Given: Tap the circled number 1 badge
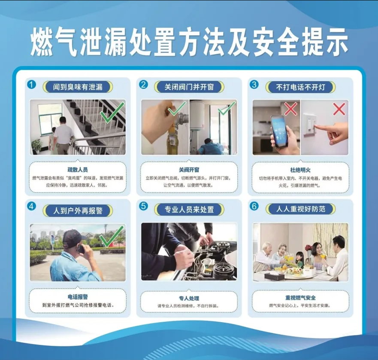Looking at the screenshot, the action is (x=31, y=85).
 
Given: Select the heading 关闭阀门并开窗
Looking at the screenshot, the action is (x=189, y=87).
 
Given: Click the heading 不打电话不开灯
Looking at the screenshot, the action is (x=300, y=87).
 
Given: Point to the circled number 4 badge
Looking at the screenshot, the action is (x=31, y=207).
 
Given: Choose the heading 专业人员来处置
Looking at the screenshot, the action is (x=189, y=209).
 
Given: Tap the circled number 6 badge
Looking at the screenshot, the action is (x=254, y=207).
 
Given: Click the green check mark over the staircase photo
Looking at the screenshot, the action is (x=112, y=113).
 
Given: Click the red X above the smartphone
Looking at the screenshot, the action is (x=291, y=109).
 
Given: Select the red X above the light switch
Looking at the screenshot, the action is (x=339, y=109).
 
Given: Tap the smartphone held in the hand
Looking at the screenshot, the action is (x=279, y=131).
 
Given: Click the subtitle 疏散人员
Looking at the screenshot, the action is (x=78, y=170).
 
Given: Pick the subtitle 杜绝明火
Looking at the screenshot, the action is (x=300, y=170).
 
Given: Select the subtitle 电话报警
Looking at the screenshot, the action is (x=78, y=297).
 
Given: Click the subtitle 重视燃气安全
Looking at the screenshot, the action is (x=300, y=298).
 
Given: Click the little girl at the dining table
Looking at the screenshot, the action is (x=299, y=260).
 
